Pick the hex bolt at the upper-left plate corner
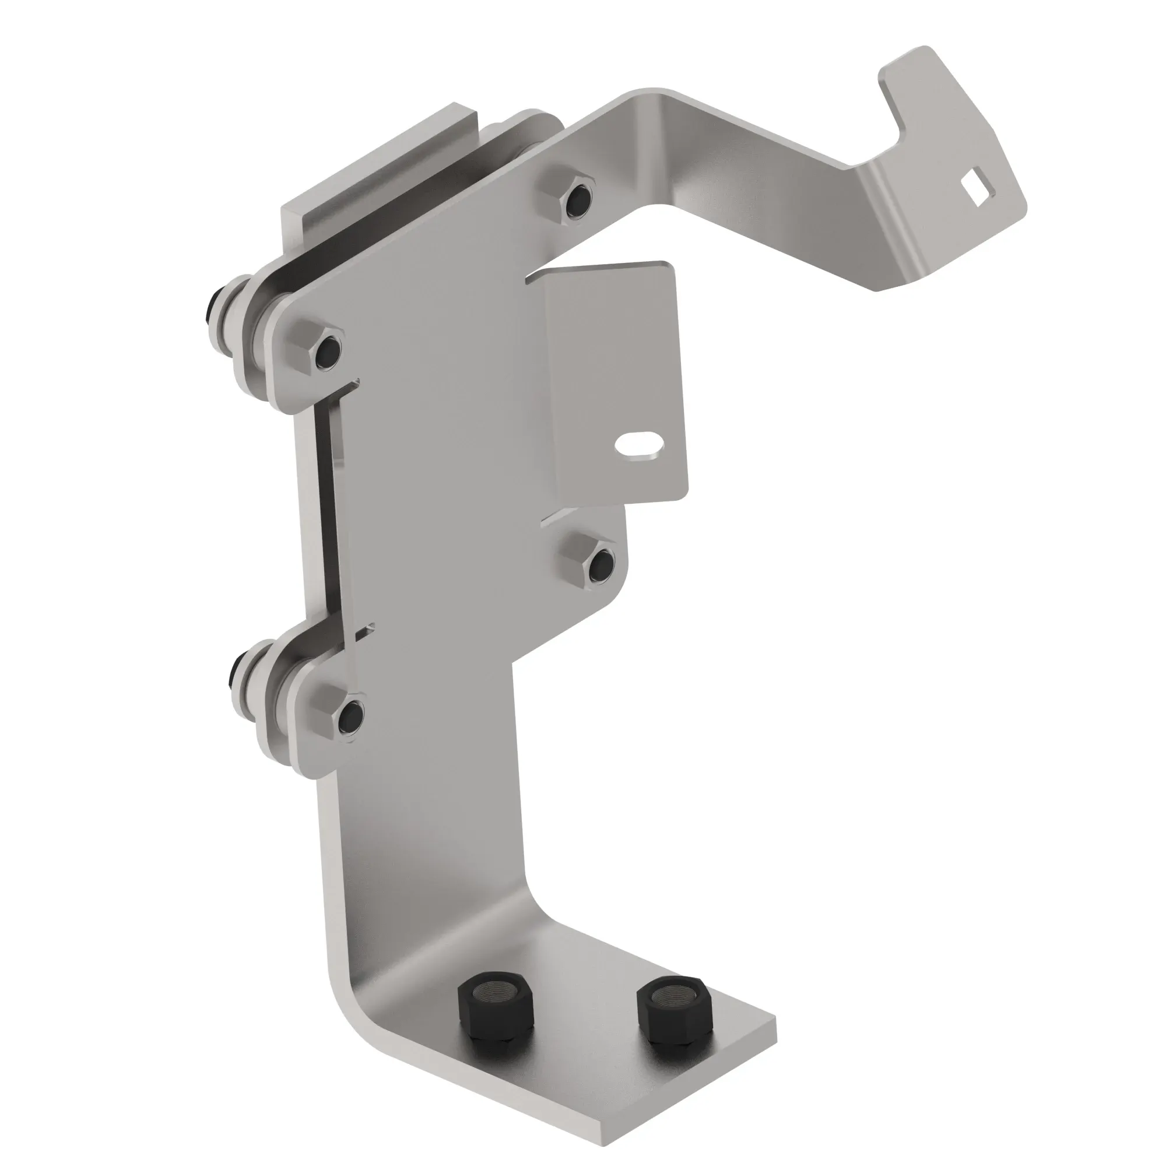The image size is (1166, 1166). pyautogui.click(x=316, y=349)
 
